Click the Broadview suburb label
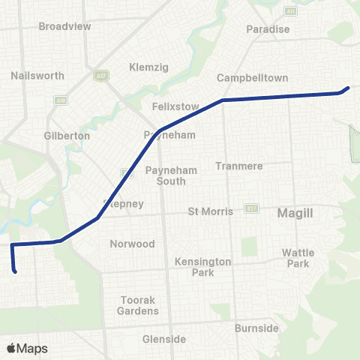pyautogui.click(x=64, y=25)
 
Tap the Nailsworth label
pyautogui.click(x=38, y=76)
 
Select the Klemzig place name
pyautogui.click(x=149, y=67)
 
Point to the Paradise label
pyautogui.click(x=268, y=29)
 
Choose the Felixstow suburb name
pyautogui.click(x=175, y=106)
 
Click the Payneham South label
pyautogui.click(x=171, y=175)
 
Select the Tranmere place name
pyautogui.click(x=236, y=166)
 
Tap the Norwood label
pyautogui.click(x=132, y=244)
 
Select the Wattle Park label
pyautogui.click(x=298, y=258)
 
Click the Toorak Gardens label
pyautogui.click(x=139, y=305)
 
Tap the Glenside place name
pyautogui.click(x=164, y=339)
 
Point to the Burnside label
pyautogui.click(x=256, y=328)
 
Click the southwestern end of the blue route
pyautogui.click(x=15, y=271)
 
